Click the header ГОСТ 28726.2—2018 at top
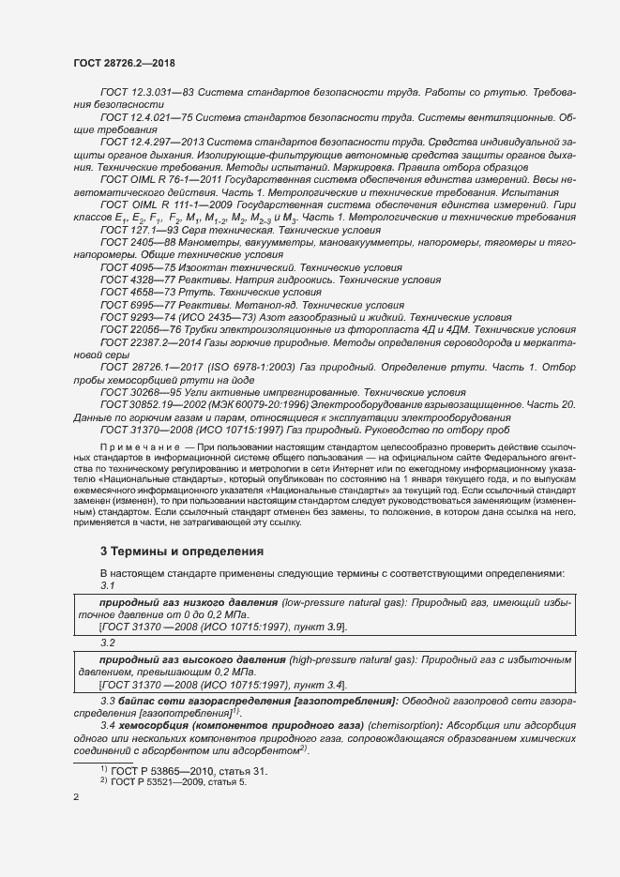[x=124, y=63]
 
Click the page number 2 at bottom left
[x=76, y=797]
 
